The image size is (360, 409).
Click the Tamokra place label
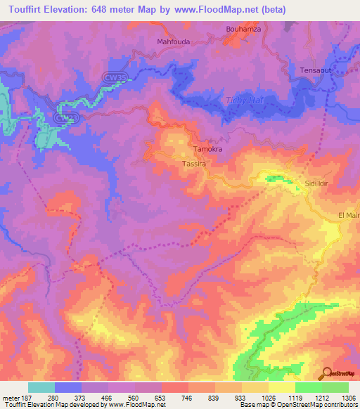point(207,150)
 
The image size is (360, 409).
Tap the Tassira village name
point(193,163)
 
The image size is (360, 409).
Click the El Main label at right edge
point(349,215)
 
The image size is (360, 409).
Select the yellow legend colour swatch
point(281,387)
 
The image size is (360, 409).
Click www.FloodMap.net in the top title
point(221,9)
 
